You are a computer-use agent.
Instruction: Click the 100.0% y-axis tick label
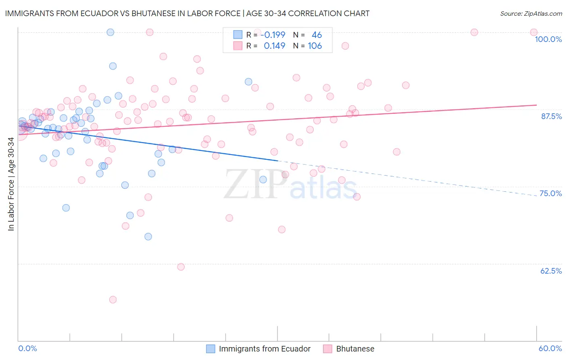coord(548,39)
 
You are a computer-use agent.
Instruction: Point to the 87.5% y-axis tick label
coord(551,116)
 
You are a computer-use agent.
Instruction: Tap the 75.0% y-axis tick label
coord(550,193)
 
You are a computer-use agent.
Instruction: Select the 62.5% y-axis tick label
coord(551,271)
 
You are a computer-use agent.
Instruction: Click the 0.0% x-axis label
coord(27,348)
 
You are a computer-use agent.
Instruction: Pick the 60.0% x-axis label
coord(550,348)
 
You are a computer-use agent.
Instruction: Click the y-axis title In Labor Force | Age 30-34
coord(11,184)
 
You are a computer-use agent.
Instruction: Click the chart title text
coord(187,13)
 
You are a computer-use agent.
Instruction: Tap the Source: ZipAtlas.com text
coord(531,13)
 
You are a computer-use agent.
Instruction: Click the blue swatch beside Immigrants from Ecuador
coord(211,349)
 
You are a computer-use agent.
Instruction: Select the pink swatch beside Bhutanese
coord(327,349)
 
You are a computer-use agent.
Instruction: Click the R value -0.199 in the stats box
coord(274,35)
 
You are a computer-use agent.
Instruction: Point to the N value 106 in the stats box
coord(315,46)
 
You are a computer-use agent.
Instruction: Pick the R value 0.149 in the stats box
coord(274,46)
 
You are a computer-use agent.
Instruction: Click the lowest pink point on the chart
coord(113,299)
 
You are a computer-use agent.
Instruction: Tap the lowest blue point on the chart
coord(148,237)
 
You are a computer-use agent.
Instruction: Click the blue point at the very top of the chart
coord(110,32)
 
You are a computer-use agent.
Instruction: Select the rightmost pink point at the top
coord(534,32)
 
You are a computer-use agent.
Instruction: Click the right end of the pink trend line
coord(536,105)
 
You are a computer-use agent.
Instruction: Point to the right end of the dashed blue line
coord(536,195)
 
